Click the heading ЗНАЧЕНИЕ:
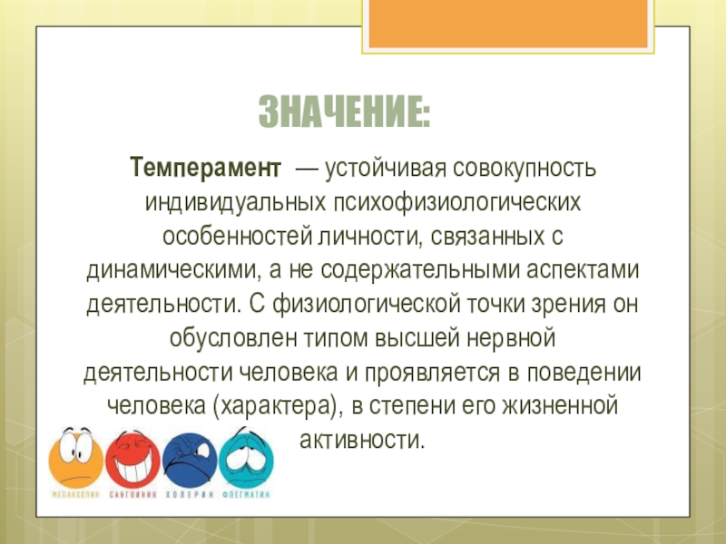pos(345,113)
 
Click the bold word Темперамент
pos(201,168)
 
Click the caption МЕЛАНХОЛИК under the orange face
pos(75,495)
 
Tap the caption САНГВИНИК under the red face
pos(133,495)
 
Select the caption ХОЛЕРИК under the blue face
pos(190,495)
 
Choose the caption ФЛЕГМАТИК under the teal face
pos(245,495)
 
